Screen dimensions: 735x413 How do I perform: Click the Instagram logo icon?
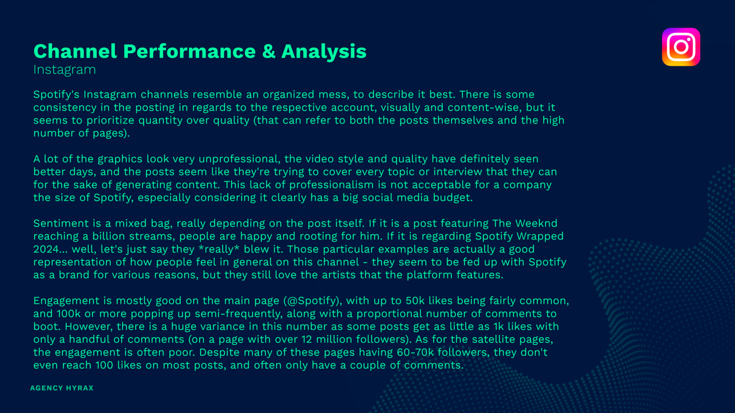(681, 47)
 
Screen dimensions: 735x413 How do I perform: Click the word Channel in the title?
(75, 51)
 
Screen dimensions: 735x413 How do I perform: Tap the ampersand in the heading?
(268, 51)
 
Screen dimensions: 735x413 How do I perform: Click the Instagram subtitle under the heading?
(65, 70)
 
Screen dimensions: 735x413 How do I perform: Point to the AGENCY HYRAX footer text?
(62, 388)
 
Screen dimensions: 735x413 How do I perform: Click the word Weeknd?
(536, 223)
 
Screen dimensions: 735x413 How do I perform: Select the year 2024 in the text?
(46, 249)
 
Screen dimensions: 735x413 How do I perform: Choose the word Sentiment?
(61, 223)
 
